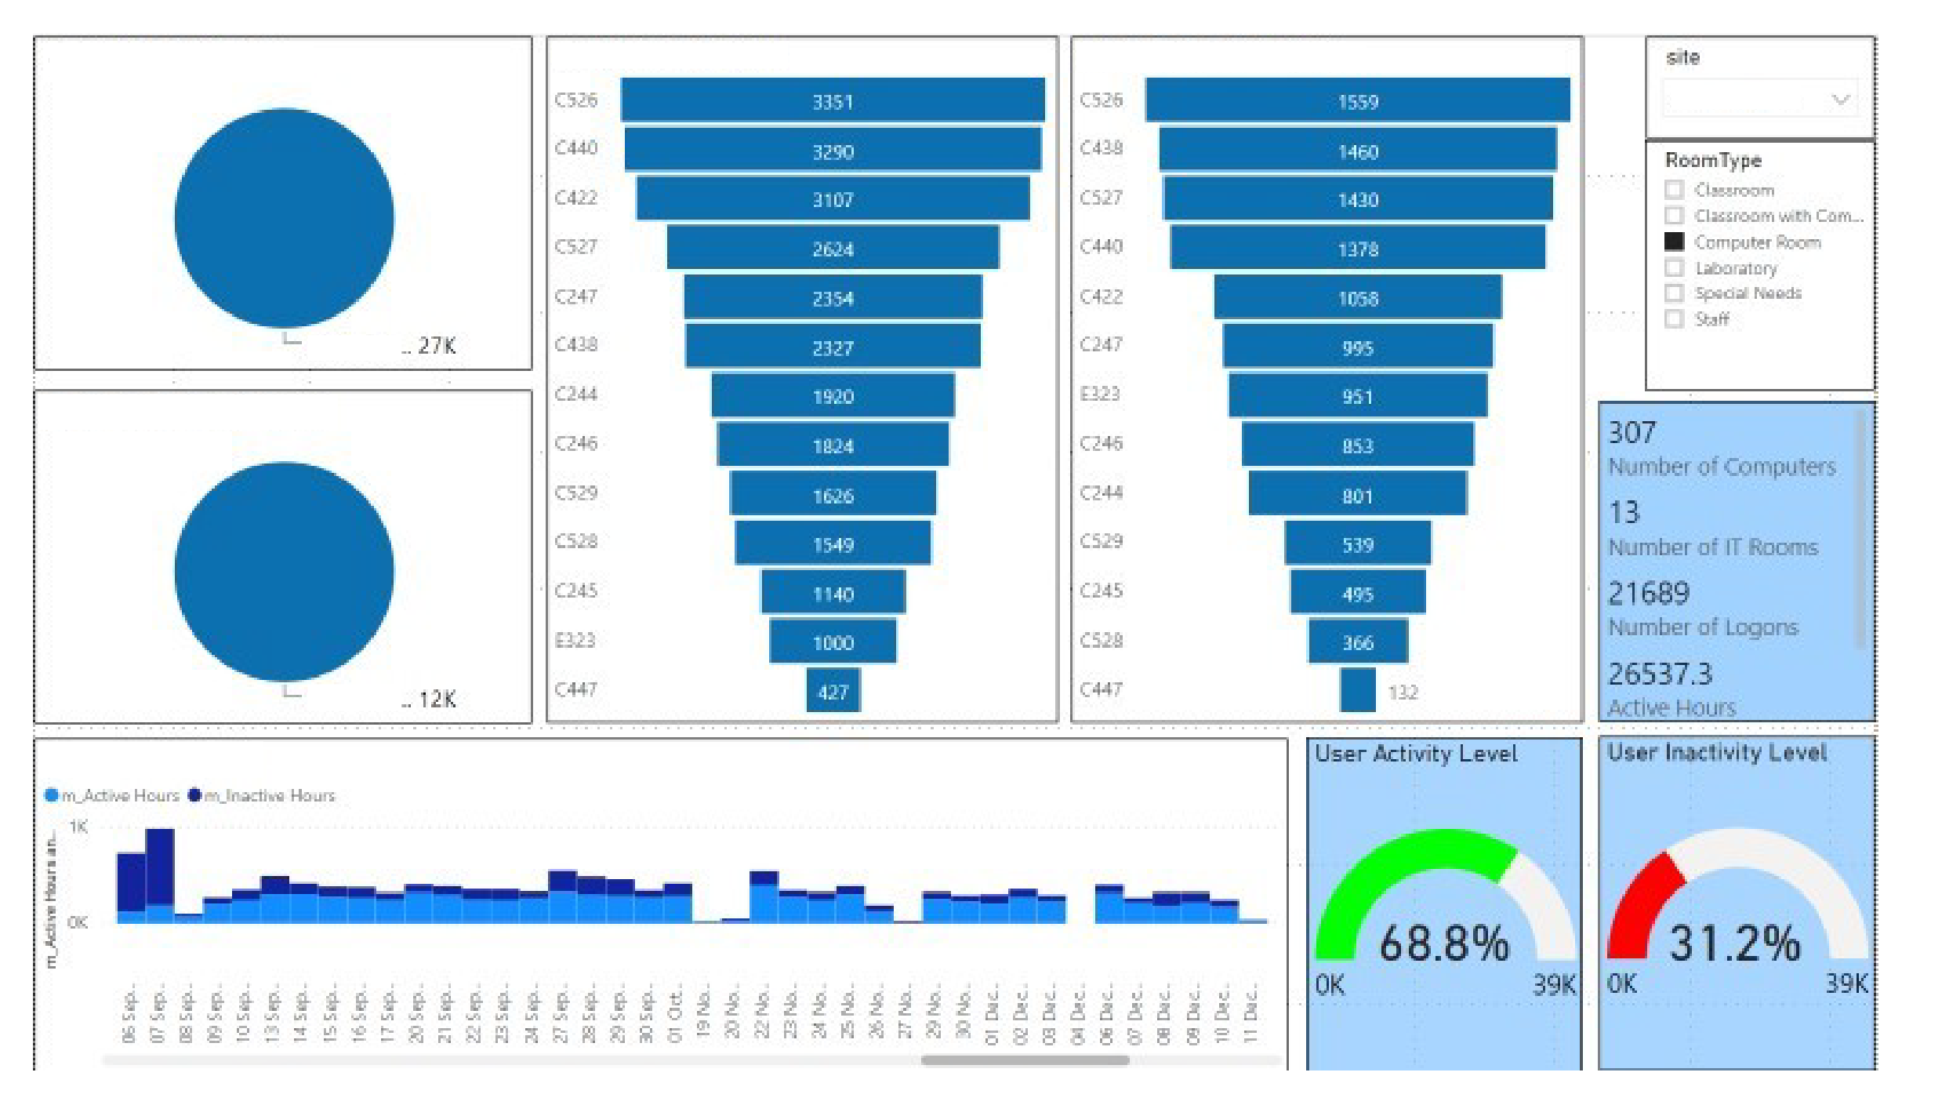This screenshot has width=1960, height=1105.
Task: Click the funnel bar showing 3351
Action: [832, 100]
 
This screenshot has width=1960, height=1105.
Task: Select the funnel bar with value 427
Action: [833, 691]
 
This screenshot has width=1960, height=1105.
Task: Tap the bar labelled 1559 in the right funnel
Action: [1357, 100]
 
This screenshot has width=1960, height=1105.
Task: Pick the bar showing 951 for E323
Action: [1357, 396]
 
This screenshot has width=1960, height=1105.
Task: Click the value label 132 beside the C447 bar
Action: [1403, 692]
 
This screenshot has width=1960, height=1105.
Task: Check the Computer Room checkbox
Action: [1674, 242]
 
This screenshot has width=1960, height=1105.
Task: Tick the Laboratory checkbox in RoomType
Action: [1674, 267]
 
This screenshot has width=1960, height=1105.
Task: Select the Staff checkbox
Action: [1674, 318]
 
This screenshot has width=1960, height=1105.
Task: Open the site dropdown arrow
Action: [1840, 100]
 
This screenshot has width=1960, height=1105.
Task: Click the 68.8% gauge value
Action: [1443, 943]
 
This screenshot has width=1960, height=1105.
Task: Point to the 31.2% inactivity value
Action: [1734, 943]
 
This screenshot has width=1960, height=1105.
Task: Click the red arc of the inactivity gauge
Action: [1635, 902]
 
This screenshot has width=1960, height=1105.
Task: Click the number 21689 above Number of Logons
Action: [1649, 593]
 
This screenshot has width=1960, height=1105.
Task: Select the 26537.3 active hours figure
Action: [1660, 674]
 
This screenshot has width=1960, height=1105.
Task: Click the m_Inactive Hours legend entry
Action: [269, 795]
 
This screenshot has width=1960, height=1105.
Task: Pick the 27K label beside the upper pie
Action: [436, 346]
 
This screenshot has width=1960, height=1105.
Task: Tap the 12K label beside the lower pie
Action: [437, 699]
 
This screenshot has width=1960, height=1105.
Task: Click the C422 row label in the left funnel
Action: [575, 198]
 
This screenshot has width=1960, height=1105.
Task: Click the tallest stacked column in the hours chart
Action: [160, 874]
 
